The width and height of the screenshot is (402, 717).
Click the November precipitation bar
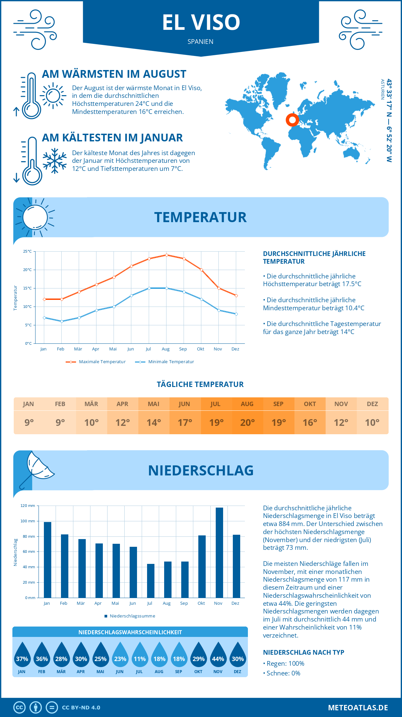[219, 552]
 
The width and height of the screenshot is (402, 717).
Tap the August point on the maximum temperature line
[166, 255]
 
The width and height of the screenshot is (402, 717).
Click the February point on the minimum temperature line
[62, 321]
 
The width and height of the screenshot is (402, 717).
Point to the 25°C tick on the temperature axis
[27, 251]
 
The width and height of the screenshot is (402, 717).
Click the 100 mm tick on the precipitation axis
[28, 521]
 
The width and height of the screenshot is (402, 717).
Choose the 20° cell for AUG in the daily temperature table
[247, 422]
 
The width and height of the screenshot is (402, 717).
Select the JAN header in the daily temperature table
[28, 404]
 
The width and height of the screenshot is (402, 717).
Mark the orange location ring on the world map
[292, 120]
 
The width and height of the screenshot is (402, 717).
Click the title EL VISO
[201, 22]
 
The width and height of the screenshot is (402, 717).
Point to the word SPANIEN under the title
[200, 42]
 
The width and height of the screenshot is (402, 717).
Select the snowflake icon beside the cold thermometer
[55, 160]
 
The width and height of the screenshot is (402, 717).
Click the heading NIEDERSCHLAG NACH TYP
[304, 652]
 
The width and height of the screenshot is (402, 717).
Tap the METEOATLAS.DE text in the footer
[358, 708]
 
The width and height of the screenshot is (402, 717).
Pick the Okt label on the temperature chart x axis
[200, 349]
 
